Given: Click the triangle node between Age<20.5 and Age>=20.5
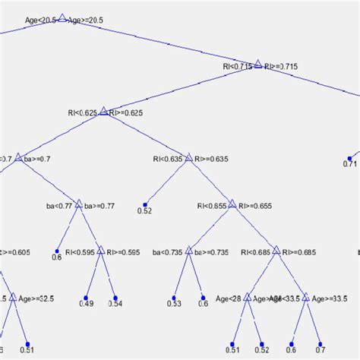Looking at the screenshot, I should point(63,19).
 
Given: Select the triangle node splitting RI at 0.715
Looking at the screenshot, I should point(257,65).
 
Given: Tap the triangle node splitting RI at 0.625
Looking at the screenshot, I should point(104,112).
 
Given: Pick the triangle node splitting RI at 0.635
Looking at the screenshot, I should point(188,159).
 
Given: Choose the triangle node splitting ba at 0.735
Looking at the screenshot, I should point(188,251).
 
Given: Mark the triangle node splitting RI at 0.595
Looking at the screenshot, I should point(101,251).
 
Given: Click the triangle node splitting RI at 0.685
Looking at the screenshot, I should point(276,251).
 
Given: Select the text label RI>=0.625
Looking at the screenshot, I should point(126,113).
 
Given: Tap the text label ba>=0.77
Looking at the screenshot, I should point(99,206).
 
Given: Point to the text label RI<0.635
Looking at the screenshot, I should point(168,159).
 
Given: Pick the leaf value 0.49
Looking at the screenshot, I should point(87,305).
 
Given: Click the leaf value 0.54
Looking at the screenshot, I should point(115,305).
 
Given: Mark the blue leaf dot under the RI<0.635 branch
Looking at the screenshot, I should point(146,204).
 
